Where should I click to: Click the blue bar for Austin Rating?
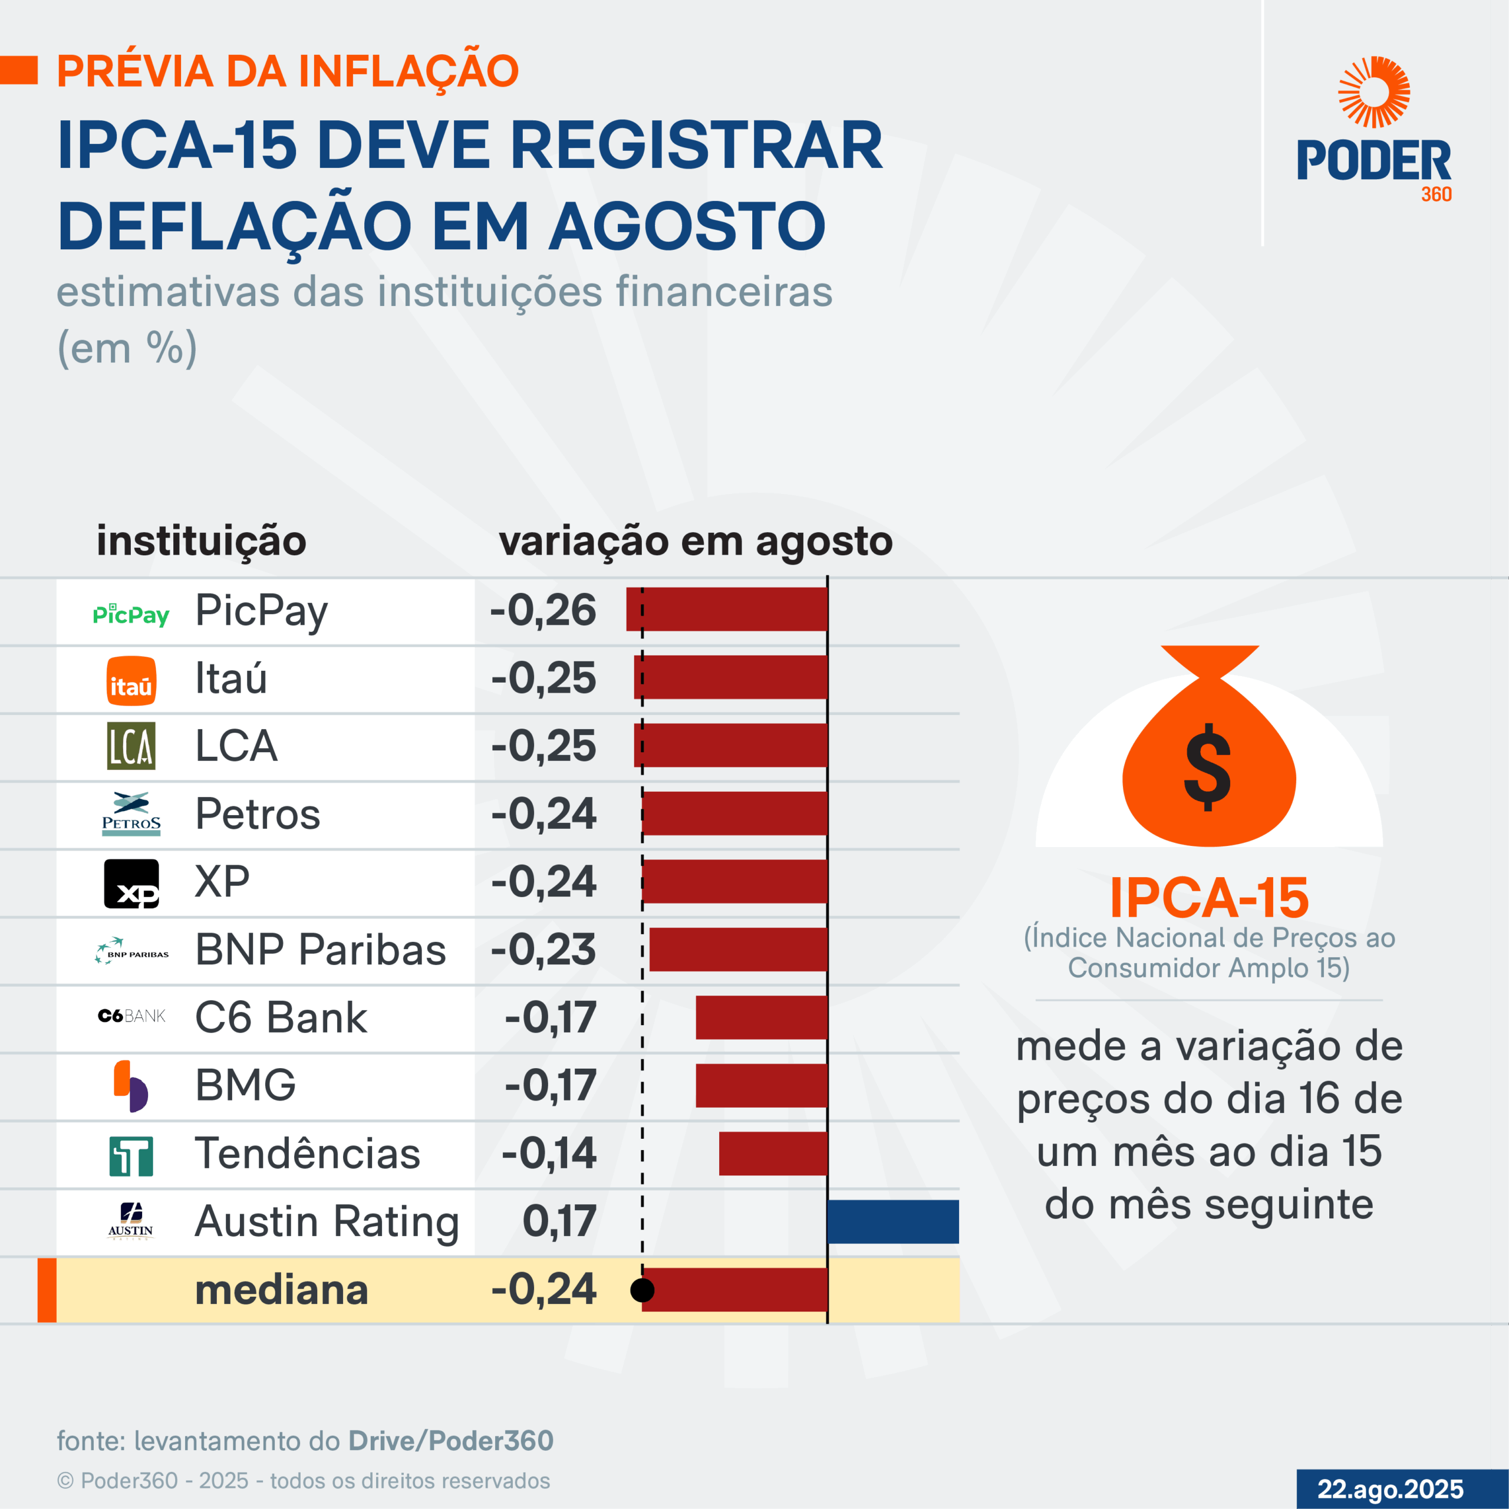(893, 1221)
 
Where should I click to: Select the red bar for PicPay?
(726, 609)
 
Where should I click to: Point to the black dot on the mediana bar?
(642, 1290)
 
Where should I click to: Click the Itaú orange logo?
(131, 680)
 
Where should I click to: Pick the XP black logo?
(131, 884)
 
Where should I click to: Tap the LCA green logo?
(131, 746)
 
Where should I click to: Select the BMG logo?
(131, 1086)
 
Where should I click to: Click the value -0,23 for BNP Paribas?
(543, 950)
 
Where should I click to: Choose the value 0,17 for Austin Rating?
(559, 1221)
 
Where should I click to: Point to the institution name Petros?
(258, 814)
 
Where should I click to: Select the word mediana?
(281, 1290)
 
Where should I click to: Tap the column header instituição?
(202, 541)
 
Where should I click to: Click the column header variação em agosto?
(695, 541)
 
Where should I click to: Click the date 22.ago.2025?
(1391, 1489)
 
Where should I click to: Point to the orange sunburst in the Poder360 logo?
(1374, 92)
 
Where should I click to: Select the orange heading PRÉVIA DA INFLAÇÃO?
(288, 71)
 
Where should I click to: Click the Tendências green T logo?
(131, 1156)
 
